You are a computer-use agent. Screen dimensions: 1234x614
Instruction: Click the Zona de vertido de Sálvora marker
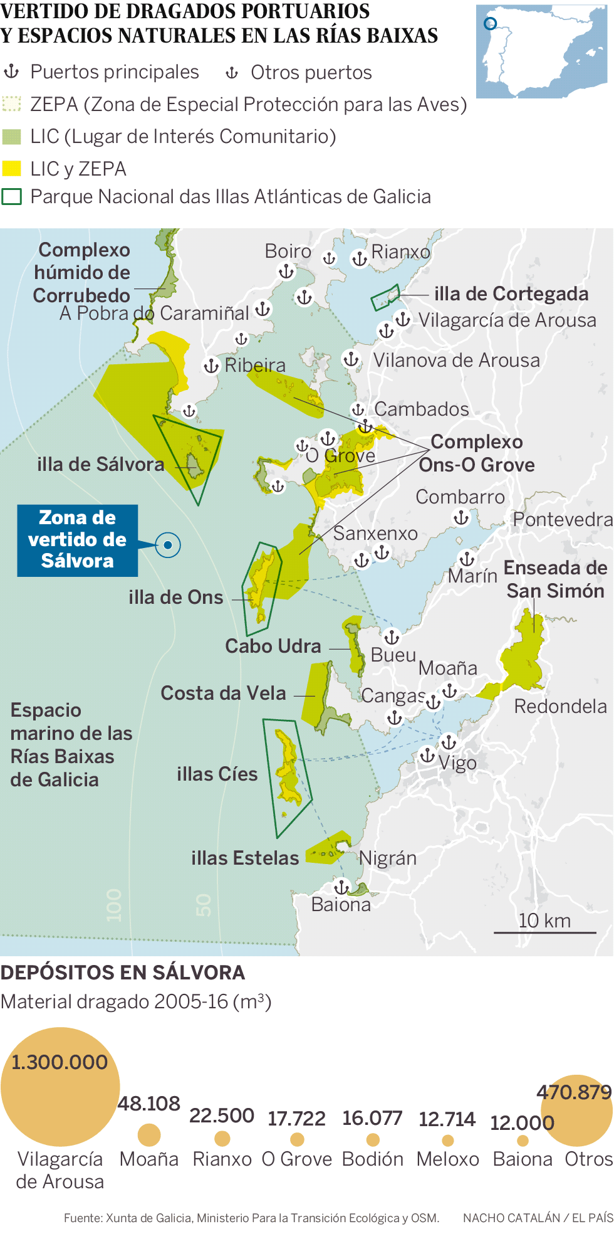point(168,545)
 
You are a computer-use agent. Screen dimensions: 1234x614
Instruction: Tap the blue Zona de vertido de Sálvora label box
point(77,540)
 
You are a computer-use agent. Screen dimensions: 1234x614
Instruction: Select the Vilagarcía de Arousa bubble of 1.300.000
point(60,1087)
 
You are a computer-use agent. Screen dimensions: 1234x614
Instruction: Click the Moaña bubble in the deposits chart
point(149,1134)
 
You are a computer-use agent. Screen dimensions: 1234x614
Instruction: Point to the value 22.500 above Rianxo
point(222,1115)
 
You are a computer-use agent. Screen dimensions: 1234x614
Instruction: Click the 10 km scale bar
point(544,932)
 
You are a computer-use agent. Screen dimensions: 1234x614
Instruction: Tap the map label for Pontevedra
point(562,519)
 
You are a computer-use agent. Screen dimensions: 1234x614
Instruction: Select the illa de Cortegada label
point(511,293)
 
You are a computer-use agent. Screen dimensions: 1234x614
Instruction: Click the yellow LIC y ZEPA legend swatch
point(12,169)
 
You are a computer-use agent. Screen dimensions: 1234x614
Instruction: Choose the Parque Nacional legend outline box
point(12,197)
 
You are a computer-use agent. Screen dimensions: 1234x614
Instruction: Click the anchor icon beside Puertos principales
point(11,72)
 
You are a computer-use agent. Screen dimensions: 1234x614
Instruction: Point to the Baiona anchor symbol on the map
point(341,887)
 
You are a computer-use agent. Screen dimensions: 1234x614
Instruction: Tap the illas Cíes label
point(217,774)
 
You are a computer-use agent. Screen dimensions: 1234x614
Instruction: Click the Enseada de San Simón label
point(555,579)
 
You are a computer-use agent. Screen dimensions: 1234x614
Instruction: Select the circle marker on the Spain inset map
point(491,24)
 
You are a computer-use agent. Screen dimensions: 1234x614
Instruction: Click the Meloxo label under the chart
point(447,1159)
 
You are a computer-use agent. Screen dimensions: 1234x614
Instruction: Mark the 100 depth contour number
point(113,905)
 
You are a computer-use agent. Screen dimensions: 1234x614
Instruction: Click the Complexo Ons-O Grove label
point(477,453)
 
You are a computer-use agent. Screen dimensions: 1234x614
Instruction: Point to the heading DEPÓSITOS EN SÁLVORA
point(123,973)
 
